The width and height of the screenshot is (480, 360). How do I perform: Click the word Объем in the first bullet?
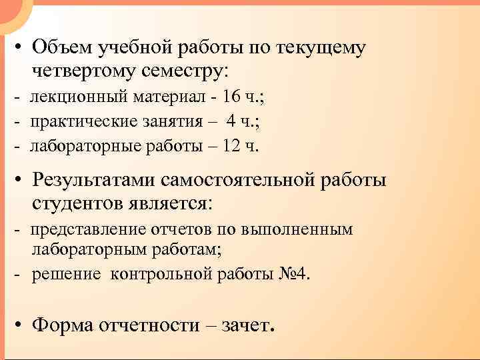pos(61,48)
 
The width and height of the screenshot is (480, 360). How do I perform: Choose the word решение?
pos(66,274)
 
